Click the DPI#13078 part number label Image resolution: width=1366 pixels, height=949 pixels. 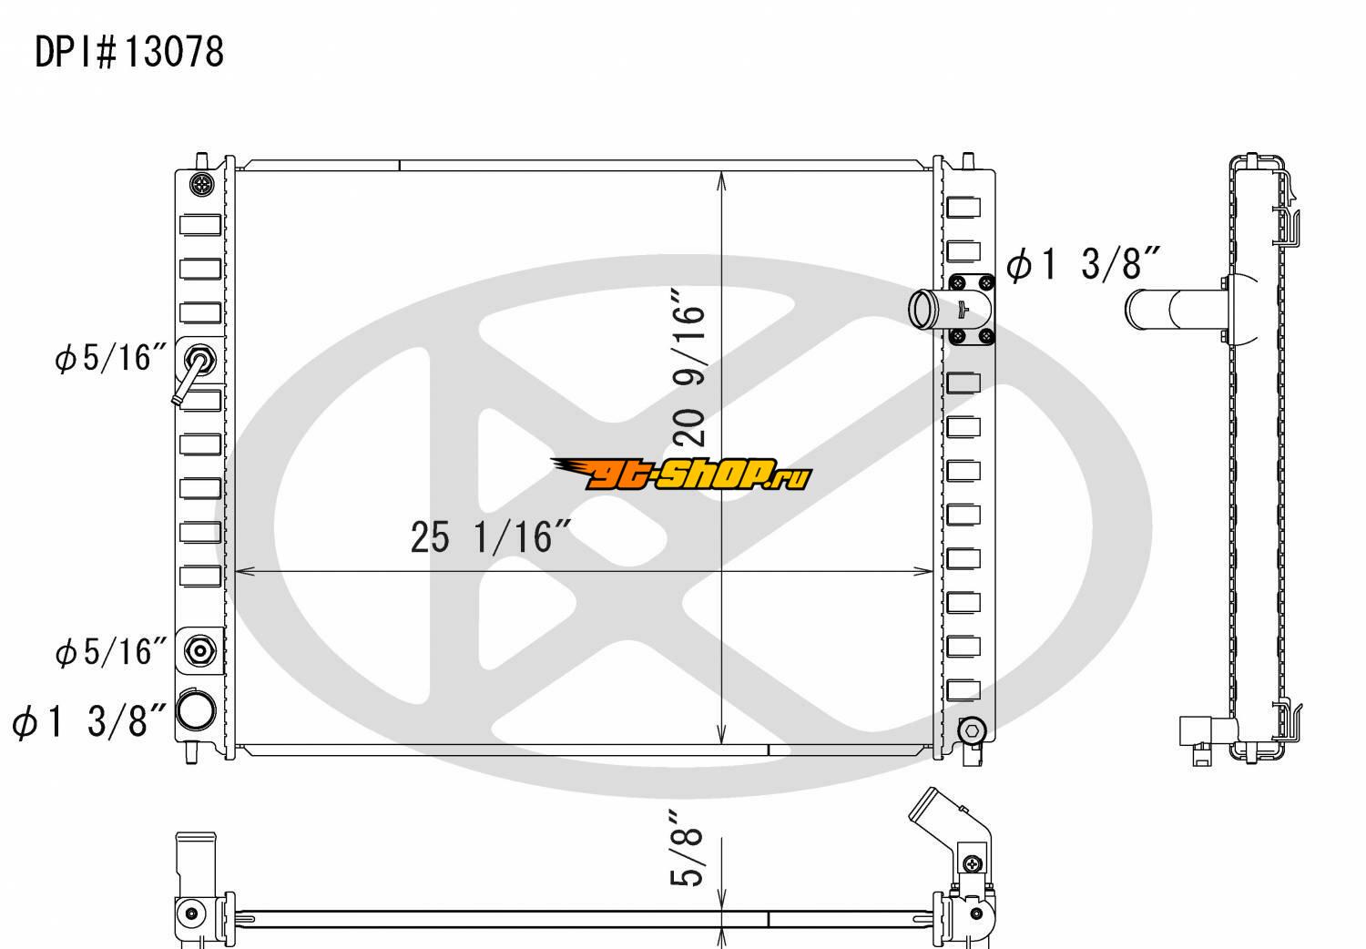[x=129, y=52]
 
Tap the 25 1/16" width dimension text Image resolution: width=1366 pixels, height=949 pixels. [x=490, y=537]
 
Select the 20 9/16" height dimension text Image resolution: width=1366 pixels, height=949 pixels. [x=688, y=366]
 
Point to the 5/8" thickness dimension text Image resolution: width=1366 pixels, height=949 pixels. [x=686, y=848]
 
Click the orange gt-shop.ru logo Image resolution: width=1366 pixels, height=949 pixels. [x=681, y=474]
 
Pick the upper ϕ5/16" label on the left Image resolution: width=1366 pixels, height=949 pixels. [x=110, y=358]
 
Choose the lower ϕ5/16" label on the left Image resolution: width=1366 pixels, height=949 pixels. [x=110, y=652]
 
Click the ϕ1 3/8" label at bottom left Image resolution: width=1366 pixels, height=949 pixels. [x=89, y=721]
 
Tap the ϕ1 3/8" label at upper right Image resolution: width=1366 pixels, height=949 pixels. [x=1083, y=264]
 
